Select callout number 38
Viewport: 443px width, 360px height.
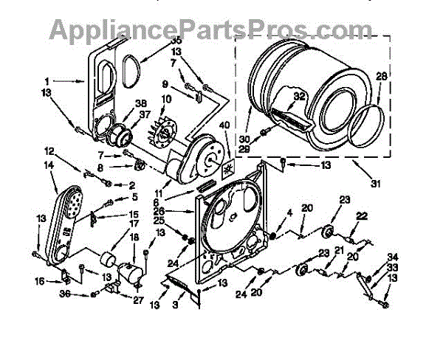(141, 104)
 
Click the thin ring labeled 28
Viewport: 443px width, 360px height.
(366, 123)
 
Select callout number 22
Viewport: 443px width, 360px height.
(362, 215)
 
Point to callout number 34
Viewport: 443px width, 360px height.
(392, 257)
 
